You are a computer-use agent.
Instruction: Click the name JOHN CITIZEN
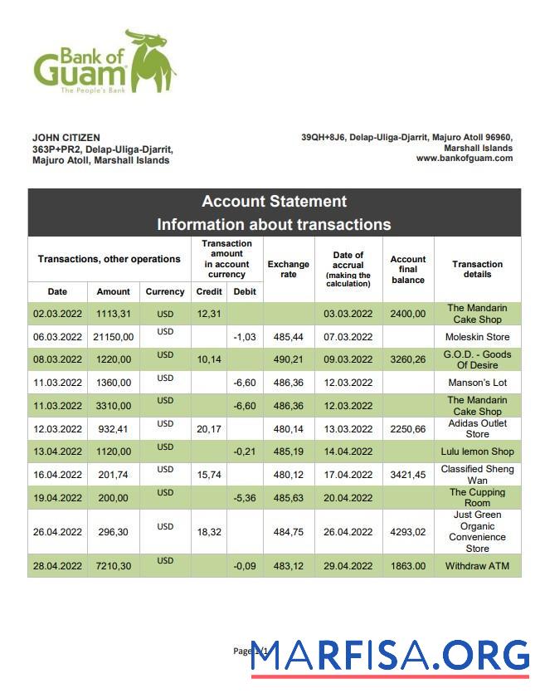pyautogui.click(x=66, y=138)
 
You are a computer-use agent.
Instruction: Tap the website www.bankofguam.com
pyautogui.click(x=464, y=159)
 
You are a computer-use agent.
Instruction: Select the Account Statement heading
pyautogui.click(x=274, y=202)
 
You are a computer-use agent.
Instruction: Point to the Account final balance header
pyautogui.click(x=407, y=270)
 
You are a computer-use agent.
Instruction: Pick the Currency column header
pyautogui.click(x=165, y=291)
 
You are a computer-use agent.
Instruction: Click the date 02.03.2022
pyautogui.click(x=57, y=314)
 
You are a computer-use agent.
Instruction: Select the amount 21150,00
pyautogui.click(x=113, y=337)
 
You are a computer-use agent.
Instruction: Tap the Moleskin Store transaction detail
pyautogui.click(x=477, y=337)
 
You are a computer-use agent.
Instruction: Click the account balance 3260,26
pyautogui.click(x=407, y=360)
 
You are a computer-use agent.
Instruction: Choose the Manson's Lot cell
pyautogui.click(x=477, y=383)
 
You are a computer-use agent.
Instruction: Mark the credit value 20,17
pyautogui.click(x=208, y=429)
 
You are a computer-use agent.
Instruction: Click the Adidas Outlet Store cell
pyautogui.click(x=477, y=429)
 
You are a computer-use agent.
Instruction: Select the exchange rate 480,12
pyautogui.click(x=288, y=475)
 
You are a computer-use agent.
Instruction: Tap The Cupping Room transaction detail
pyautogui.click(x=477, y=497)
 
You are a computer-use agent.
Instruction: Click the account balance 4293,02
pyautogui.click(x=407, y=532)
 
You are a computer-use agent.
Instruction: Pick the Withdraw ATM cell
pyautogui.click(x=477, y=566)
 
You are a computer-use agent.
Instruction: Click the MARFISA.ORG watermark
pyautogui.click(x=390, y=656)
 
